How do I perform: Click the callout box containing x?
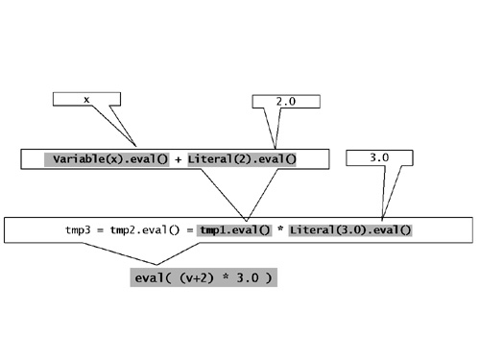tap(86, 99)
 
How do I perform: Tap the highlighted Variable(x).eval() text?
tap(108, 158)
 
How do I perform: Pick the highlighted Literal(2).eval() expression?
tap(242, 158)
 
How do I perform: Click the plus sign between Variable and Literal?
tap(179, 158)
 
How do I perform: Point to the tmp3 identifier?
tap(76, 230)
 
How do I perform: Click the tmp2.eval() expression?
tap(143, 230)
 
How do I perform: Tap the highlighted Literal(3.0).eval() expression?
tap(350, 230)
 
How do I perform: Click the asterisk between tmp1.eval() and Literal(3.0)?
tap(281, 230)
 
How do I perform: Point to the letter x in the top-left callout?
tap(86, 99)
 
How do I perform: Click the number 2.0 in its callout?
tap(283, 102)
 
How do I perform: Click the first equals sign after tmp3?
tap(99, 230)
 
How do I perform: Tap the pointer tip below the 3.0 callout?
tap(382, 217)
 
